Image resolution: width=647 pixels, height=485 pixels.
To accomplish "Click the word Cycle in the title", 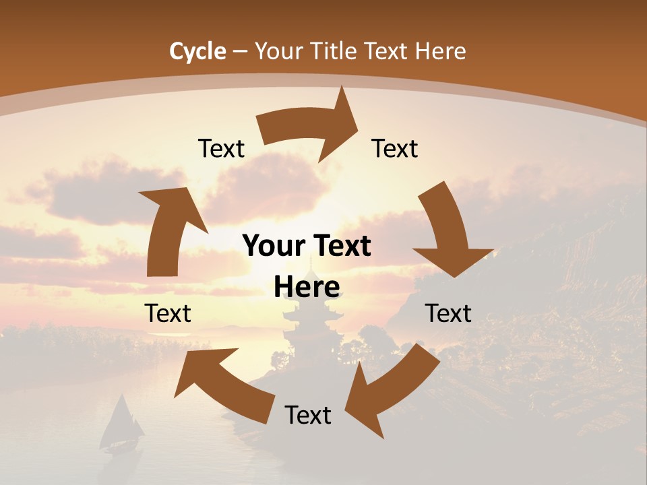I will click(x=197, y=51).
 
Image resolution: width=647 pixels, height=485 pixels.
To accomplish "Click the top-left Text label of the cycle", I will click(x=221, y=148).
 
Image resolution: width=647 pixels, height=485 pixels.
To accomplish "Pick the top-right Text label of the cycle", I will click(x=395, y=148).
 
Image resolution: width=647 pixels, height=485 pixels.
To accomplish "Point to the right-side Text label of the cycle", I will click(x=448, y=313).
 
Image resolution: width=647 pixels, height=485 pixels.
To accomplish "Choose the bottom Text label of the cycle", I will click(x=308, y=415).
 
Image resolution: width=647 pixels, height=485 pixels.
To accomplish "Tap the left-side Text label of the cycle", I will click(x=168, y=313).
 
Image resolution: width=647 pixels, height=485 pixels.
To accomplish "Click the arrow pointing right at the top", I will click(x=310, y=128).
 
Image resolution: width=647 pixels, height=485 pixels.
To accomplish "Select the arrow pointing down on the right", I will click(x=452, y=232).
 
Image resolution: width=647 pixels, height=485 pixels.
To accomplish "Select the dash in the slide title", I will click(x=241, y=51).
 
